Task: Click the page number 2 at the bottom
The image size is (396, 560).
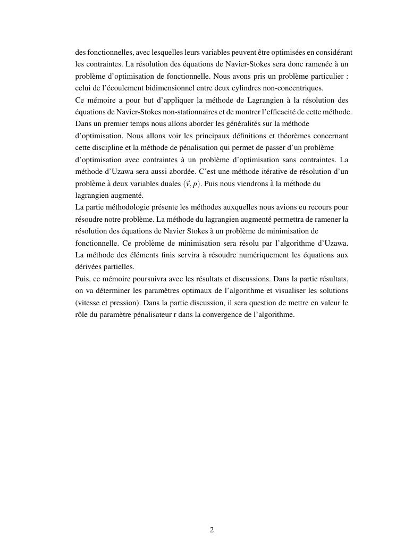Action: [x=212, y=530]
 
